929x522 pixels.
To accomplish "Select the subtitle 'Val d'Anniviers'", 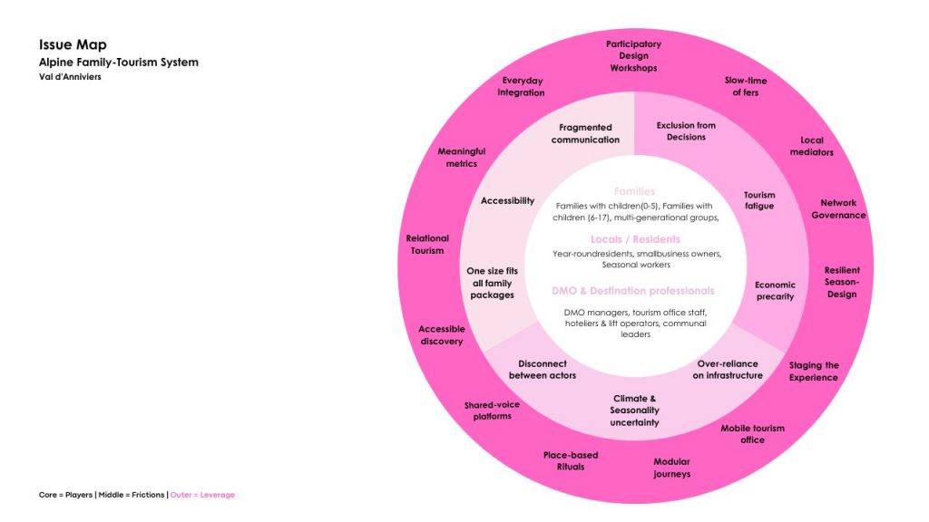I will (70, 77).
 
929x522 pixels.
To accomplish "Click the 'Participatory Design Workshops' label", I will (633, 56).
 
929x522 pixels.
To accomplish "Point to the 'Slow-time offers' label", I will (746, 87).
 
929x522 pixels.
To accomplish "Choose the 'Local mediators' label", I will (811, 146).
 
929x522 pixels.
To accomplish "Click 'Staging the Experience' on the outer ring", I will (813, 372).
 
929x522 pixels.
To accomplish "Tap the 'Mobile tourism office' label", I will (752, 434).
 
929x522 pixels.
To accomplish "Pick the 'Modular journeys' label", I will (671, 468).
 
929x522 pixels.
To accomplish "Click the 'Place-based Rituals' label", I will (571, 460).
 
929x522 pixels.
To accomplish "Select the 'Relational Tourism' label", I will (427, 245).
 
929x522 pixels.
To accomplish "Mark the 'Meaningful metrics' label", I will (462, 158).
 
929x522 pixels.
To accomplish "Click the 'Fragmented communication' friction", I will (585, 133).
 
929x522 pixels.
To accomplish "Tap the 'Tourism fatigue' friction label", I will (759, 200).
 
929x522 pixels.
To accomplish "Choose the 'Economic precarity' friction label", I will (775, 291).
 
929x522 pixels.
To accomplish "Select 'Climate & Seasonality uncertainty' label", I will (634, 411).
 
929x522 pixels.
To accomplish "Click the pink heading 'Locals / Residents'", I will (634, 239).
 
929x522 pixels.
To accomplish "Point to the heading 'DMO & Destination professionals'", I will (632, 291).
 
